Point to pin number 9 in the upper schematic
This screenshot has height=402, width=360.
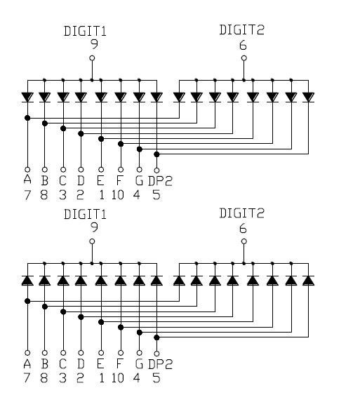(92, 43)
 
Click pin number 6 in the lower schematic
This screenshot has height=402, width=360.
(243, 228)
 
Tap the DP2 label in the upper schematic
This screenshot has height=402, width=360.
(160, 180)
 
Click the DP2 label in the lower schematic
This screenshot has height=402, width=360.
(160, 364)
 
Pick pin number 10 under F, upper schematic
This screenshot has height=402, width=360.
(118, 194)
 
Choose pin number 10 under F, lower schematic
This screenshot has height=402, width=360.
(118, 378)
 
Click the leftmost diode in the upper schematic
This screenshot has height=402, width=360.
(27, 97)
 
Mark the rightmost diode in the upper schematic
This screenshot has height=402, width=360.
(308, 97)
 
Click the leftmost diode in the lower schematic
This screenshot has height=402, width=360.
(27, 281)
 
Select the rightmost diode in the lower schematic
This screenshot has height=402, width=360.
(308, 281)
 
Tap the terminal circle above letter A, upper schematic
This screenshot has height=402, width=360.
(27, 169)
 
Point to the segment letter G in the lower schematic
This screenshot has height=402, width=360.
(138, 364)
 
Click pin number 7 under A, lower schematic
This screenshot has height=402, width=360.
(27, 378)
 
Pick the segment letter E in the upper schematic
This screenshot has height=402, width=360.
(101, 180)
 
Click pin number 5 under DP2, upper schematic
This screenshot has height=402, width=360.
(156, 194)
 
